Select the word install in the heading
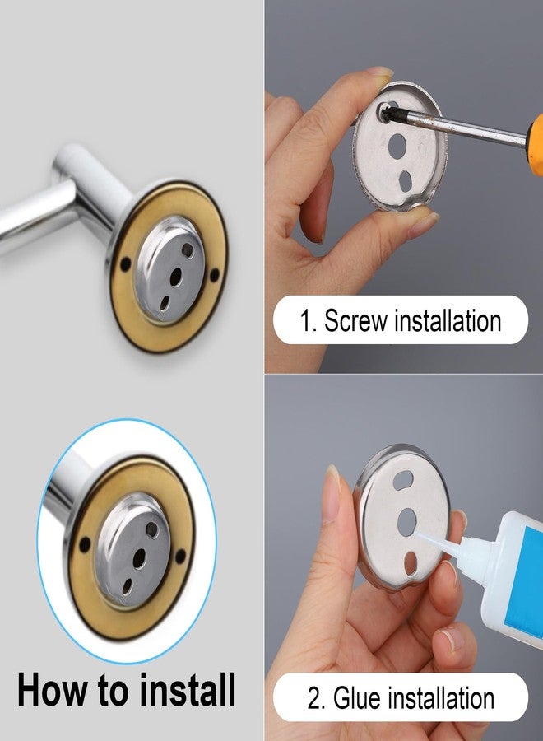[188, 689]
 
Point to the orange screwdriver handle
[536, 146]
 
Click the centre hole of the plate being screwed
[397, 146]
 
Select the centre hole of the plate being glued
[406, 522]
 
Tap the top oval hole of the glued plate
[403, 479]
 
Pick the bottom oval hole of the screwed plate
[406, 182]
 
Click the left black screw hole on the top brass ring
[125, 263]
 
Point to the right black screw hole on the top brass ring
[215, 273]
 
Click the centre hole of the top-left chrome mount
[175, 277]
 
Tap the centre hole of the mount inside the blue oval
[139, 558]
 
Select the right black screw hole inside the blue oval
[180, 557]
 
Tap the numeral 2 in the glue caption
[315, 698]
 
